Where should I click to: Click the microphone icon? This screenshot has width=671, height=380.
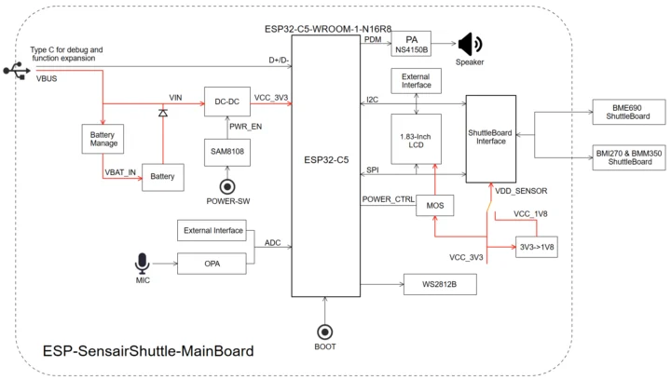[143, 264]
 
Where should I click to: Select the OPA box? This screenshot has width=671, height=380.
[213, 263]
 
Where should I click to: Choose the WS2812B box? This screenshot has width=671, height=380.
[439, 284]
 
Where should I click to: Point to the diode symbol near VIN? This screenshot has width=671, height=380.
[163, 113]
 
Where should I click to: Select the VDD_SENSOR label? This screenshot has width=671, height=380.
[520, 191]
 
